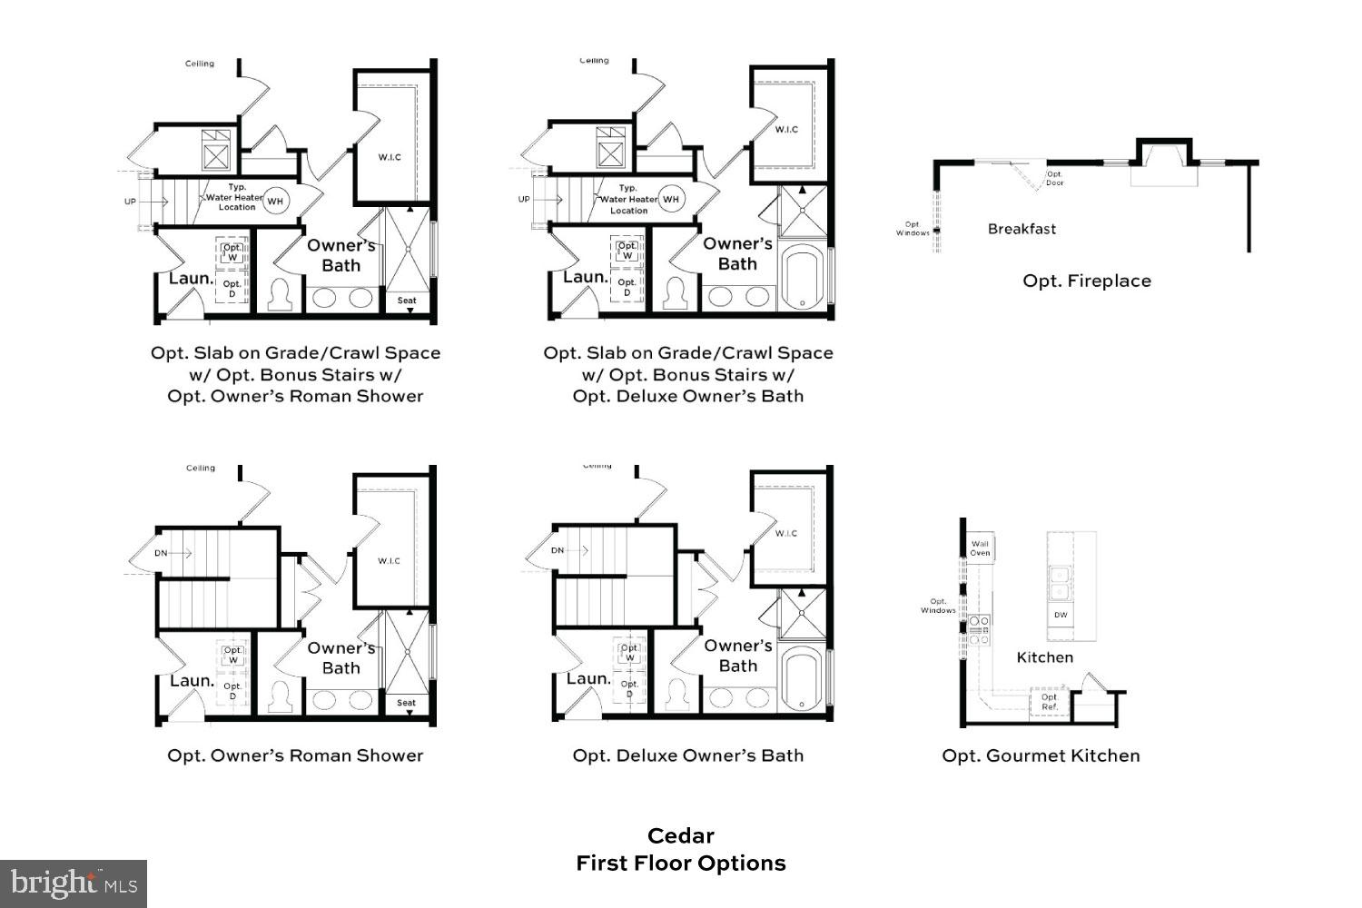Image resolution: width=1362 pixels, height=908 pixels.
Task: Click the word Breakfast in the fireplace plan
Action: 1021,229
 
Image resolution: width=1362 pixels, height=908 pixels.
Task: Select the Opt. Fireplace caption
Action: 1086,281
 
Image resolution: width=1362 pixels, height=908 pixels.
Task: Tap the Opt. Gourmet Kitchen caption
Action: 1041,755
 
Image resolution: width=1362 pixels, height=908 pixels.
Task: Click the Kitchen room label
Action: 1044,657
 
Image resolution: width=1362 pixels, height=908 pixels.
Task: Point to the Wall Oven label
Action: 980,548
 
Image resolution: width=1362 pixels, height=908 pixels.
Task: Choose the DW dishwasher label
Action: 1061,615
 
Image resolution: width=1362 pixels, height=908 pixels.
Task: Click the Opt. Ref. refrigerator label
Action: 1050,702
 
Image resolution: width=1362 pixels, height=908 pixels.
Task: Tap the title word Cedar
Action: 680,835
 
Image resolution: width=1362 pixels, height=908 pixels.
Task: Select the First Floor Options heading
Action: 680,863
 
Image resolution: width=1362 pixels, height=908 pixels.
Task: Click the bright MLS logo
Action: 74,883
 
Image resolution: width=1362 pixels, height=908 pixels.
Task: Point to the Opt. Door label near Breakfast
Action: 1054,178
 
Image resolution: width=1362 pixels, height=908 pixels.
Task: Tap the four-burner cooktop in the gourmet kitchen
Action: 979,629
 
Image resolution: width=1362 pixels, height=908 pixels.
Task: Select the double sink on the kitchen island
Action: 1060,583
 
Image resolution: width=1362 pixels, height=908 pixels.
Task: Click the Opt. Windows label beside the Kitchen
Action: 938,606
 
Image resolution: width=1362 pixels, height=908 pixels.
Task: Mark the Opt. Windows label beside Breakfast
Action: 913,229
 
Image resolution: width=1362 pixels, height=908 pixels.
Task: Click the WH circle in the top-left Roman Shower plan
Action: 275,201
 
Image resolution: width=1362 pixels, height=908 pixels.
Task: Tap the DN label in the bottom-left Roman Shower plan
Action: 161,553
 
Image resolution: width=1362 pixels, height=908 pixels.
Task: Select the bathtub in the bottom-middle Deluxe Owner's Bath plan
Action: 803,681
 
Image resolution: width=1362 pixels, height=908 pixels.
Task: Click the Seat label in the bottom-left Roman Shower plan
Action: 406,703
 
